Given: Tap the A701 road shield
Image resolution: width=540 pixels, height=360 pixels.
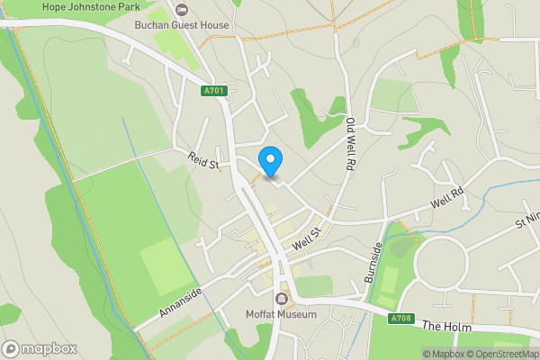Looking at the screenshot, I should (212, 89).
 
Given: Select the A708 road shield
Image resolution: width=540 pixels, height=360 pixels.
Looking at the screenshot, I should (402, 319).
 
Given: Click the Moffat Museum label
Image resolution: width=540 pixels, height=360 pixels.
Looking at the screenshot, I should (282, 314).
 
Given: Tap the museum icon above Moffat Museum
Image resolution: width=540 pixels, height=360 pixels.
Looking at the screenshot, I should (282, 299).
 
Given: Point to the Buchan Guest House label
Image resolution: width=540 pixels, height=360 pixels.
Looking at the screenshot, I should (182, 25).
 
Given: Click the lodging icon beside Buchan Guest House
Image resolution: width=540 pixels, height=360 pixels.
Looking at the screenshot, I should (183, 10).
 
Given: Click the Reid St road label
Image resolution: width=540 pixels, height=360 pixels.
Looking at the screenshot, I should (203, 159).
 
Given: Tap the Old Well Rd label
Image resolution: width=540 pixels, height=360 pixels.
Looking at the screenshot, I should (348, 144).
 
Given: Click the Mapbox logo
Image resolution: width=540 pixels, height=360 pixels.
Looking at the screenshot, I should (39, 348).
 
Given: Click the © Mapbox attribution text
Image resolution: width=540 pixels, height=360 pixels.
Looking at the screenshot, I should (446, 353).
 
